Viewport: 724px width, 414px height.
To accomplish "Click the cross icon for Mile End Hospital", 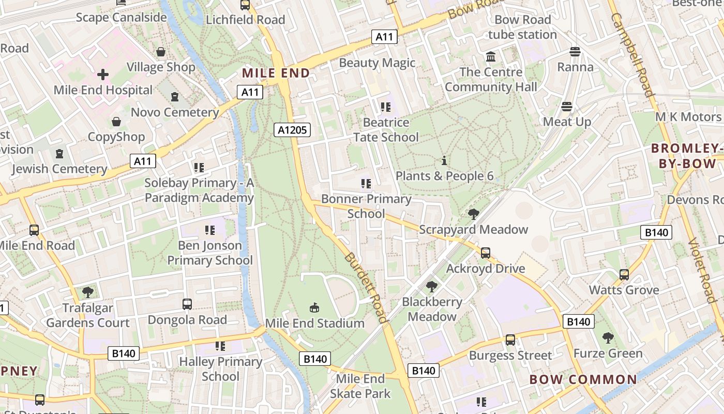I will point(103,75).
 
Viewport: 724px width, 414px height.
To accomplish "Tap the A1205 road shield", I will point(292,130).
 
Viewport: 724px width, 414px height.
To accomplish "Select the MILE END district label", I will point(276,73).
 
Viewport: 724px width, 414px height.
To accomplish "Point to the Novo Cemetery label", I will point(175,112).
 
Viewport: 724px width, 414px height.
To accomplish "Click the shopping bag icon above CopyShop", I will point(116,122).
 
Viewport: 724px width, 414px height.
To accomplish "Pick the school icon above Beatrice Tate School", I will point(385,107).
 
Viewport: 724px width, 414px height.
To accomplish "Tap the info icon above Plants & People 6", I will point(444,160).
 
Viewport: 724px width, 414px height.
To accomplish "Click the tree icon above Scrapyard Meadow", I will point(473,214).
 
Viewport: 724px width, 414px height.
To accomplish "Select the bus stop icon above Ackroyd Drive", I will point(485,253).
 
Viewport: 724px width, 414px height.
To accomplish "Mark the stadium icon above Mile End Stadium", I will point(314,308).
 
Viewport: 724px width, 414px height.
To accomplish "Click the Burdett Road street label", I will point(366,287).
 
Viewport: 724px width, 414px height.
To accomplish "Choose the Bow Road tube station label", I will point(522,27).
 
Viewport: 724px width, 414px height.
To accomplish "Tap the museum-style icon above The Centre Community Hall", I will point(490,56).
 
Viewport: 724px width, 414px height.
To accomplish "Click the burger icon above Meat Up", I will point(567,107).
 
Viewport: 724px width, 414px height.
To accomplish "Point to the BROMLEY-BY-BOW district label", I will point(687,156).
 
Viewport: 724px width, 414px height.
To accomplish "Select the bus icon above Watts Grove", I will point(624,274).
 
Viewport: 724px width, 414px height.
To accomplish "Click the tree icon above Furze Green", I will point(608,338).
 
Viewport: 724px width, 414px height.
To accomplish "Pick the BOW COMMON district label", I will point(583,379).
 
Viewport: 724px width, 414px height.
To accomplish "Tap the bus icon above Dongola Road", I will point(187,304).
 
